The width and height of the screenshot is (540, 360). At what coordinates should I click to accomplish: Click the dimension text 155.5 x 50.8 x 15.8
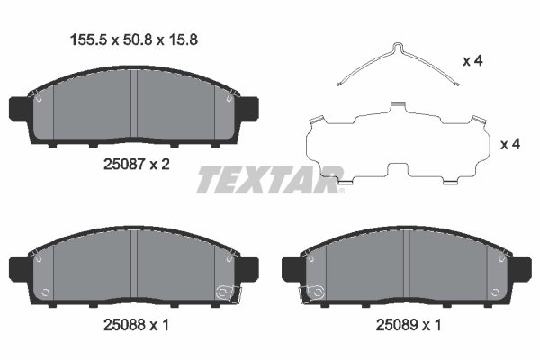click(127, 39)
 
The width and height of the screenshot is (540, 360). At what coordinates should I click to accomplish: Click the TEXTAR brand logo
click(270, 179)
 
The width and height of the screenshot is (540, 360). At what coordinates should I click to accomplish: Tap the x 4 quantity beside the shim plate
click(510, 145)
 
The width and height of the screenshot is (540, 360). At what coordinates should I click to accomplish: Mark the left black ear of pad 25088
click(22, 267)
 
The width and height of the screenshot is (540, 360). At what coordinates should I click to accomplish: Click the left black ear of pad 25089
click(292, 267)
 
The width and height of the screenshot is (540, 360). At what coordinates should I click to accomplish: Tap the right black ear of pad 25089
click(522, 267)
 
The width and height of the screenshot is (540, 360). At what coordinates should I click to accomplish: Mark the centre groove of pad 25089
click(407, 263)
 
